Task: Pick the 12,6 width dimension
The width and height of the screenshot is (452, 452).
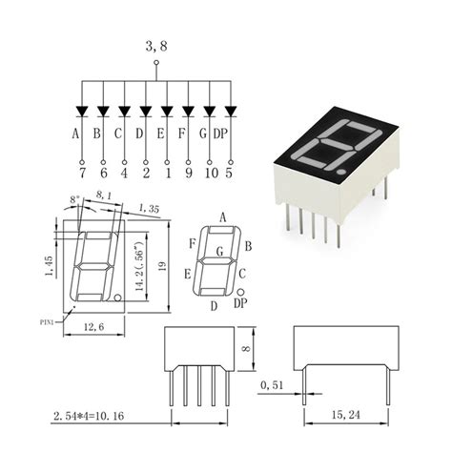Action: tap(92, 326)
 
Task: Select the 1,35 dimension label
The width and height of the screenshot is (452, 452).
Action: tap(149, 208)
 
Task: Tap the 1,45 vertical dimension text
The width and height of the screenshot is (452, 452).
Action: tap(49, 264)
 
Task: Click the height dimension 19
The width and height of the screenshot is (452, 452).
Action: tap(164, 267)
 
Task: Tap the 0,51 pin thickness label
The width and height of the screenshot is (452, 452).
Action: tap(271, 385)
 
